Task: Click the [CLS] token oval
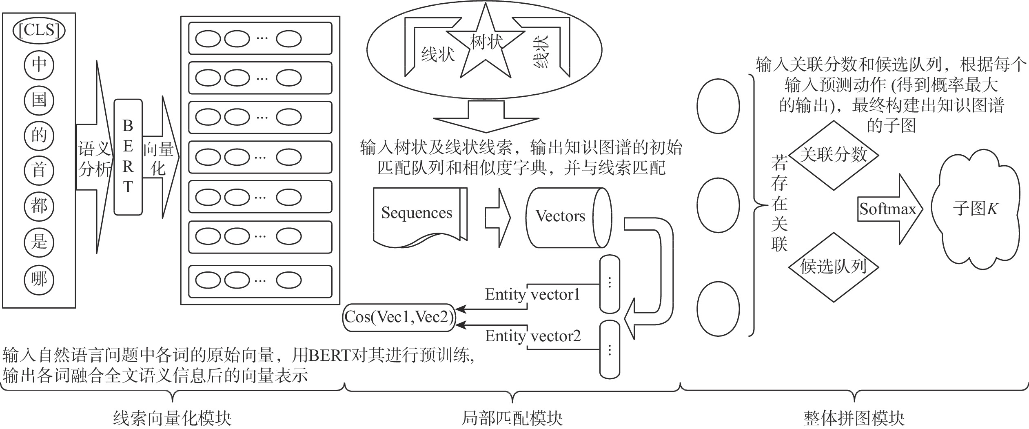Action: [x=39, y=30]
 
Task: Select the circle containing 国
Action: [x=39, y=100]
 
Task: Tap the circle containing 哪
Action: [x=39, y=280]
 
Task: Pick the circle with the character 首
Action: [x=39, y=170]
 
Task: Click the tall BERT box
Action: [x=128, y=157]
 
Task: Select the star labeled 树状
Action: [x=486, y=45]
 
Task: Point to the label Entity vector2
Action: [x=532, y=336]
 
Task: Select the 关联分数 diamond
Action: [x=833, y=155]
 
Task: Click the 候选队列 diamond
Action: [x=833, y=267]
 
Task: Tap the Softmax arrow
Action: [x=887, y=209]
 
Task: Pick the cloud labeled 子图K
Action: [x=975, y=209]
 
